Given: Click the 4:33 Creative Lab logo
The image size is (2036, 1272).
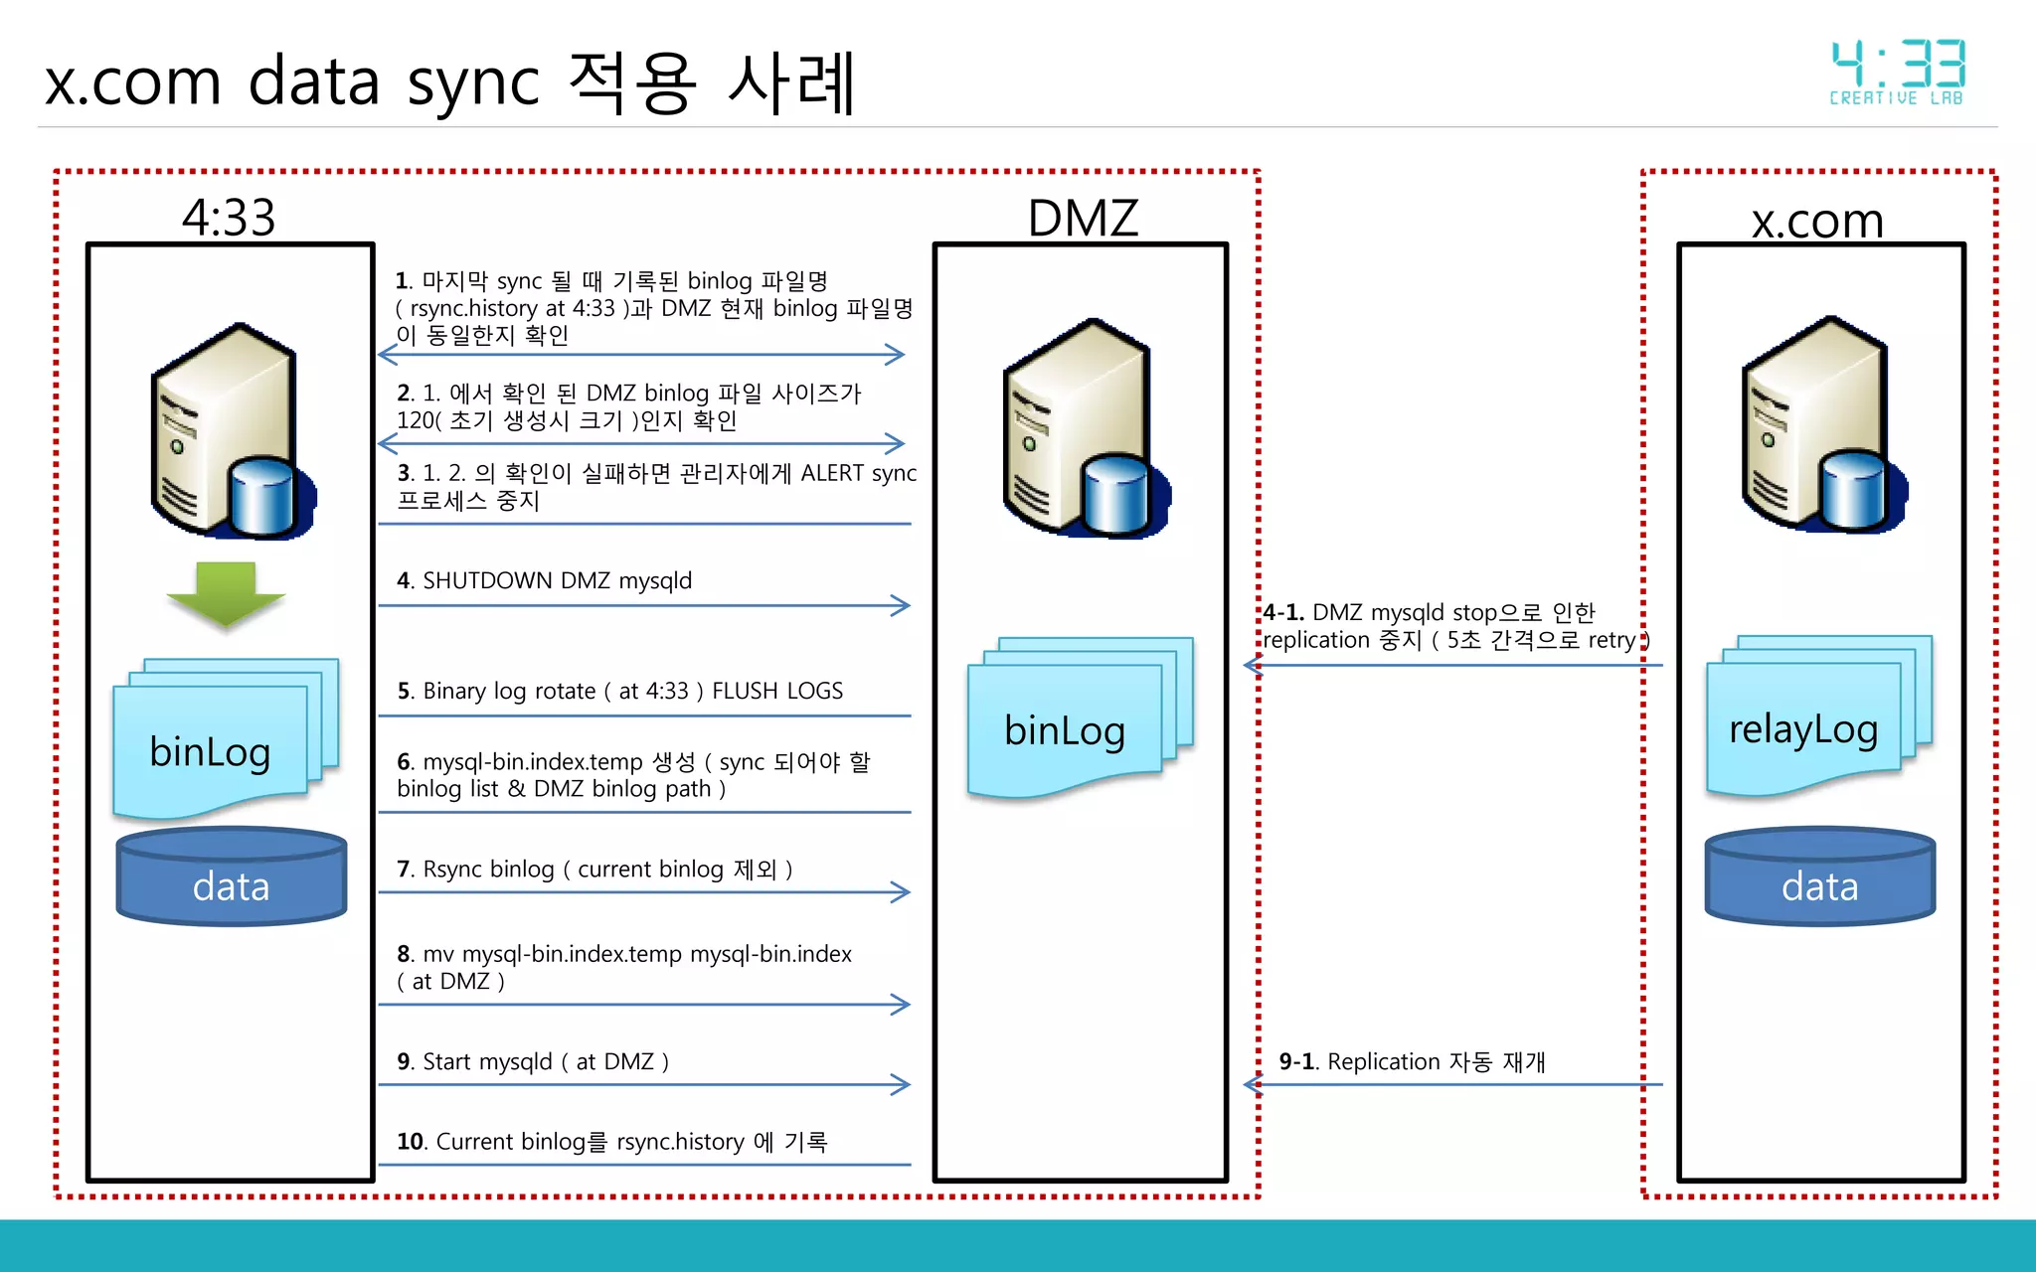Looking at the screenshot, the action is coord(1897,72).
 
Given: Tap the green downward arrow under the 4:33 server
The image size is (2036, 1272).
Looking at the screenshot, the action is coord(226,594).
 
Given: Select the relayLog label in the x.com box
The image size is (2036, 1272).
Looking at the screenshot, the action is coord(1802,729).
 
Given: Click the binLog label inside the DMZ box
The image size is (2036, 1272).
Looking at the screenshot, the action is coord(1065,731).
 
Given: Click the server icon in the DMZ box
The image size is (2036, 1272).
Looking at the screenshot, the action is coord(1084,429).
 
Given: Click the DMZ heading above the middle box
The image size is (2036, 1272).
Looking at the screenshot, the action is coord(1083,218).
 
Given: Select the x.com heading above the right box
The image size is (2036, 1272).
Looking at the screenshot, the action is coord(1817,220).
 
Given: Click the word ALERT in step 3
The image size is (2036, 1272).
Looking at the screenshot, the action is coord(832,473).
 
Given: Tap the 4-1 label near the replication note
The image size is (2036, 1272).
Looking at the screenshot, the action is coord(1282,612).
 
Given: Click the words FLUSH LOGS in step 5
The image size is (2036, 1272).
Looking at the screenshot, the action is coord(777,691).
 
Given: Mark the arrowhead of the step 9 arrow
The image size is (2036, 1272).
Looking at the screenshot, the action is coord(901,1084).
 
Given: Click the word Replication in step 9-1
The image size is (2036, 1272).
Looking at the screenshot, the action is coord(1383,1062).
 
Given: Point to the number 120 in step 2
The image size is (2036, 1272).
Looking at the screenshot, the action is coord(415,421).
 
